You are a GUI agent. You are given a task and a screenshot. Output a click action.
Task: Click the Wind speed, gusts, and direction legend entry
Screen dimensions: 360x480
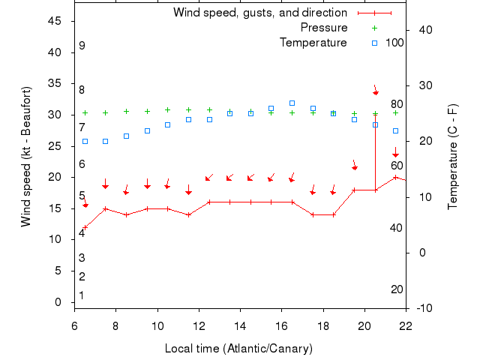[259, 13]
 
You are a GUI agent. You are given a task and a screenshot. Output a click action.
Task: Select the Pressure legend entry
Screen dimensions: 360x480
[324, 28]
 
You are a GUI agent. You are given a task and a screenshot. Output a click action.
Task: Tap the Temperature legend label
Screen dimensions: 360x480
[313, 43]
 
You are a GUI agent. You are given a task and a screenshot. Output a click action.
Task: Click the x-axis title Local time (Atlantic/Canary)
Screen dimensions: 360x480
[238, 349]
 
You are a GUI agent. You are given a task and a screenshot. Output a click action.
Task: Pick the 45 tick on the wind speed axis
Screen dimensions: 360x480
[55, 21]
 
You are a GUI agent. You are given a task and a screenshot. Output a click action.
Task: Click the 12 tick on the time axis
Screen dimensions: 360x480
[199, 325]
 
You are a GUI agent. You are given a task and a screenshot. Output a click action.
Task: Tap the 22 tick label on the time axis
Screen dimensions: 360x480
[406, 325]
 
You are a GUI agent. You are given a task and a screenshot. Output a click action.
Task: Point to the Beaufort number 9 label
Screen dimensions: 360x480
[82, 46]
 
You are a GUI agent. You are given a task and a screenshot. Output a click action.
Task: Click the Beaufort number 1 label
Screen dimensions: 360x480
[82, 295]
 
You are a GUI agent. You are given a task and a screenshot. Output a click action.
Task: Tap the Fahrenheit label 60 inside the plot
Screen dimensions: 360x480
[397, 166]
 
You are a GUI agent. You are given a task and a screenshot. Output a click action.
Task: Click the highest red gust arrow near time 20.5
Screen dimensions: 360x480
[375, 90]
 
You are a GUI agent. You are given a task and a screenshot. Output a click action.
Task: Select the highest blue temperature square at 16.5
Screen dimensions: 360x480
[292, 103]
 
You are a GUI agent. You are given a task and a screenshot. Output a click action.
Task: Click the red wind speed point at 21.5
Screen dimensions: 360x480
[395, 177]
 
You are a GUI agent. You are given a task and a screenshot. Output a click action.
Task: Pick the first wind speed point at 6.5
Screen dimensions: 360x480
[85, 227]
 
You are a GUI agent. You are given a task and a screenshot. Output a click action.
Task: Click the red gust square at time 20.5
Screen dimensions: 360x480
[375, 124]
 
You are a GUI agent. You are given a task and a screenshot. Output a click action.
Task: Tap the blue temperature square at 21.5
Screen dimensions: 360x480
[395, 130]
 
